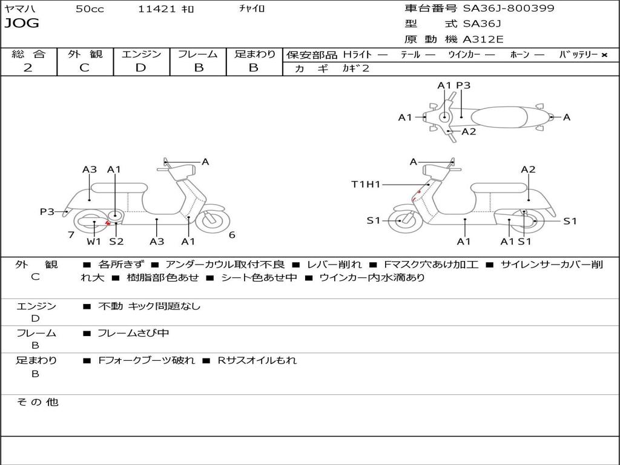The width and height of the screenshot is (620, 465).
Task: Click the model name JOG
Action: [x=22, y=24]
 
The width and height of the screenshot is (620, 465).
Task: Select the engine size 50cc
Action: [x=90, y=9]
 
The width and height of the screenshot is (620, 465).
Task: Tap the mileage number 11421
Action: [x=157, y=9]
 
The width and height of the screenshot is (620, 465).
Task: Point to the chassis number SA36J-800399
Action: [x=509, y=8]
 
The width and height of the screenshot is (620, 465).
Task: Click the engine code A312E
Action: [x=483, y=40]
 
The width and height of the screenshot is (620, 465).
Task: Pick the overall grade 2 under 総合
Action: [x=28, y=68]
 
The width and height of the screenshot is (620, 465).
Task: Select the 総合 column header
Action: [x=28, y=54]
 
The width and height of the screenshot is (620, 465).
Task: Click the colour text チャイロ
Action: [x=252, y=8]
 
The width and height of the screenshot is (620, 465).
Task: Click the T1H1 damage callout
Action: [x=366, y=184]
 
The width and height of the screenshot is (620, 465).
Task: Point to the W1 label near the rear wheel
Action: [x=94, y=242]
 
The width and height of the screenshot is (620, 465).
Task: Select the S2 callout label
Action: [x=116, y=242]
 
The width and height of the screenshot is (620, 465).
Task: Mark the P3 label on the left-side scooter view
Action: [x=47, y=211]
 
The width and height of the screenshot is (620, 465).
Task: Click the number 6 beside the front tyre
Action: [x=232, y=235]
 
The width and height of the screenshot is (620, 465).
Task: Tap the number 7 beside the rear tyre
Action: [x=71, y=235]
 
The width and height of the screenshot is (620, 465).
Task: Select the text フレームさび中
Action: [x=133, y=333]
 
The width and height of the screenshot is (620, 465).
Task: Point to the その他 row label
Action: [x=38, y=402]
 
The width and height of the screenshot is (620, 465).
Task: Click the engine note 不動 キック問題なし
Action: [x=149, y=306]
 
